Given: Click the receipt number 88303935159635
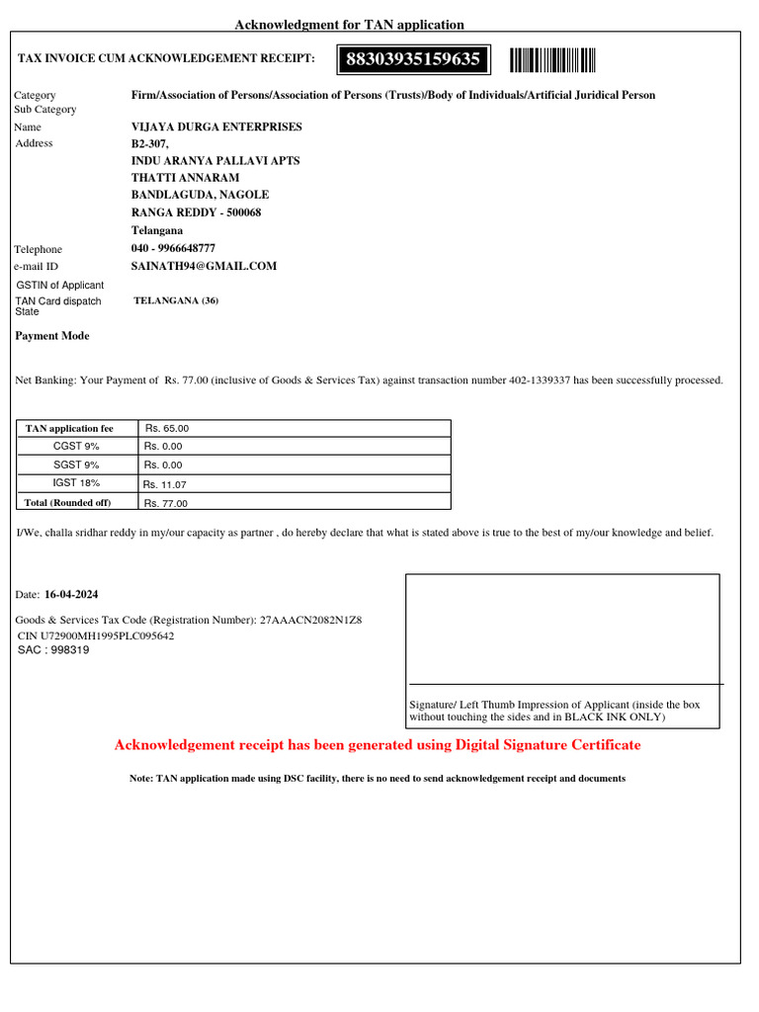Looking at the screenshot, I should coord(413,60).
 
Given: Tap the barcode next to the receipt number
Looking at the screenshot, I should coord(552,60).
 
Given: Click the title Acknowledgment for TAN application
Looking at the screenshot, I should coord(349,25).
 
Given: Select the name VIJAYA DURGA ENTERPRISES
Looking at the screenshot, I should coord(216,127).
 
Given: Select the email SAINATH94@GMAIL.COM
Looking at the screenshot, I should coord(204,267).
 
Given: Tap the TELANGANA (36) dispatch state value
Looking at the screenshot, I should coord(176,301).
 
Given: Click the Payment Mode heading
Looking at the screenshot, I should coord(52,336).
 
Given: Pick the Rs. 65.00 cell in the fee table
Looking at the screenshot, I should coord(167,429).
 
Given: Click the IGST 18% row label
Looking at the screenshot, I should coord(76,483).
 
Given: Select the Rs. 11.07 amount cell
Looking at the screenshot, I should coord(165,485).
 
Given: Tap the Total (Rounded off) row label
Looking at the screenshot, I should coord(68,502).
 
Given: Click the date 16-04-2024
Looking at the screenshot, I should coord(71,596).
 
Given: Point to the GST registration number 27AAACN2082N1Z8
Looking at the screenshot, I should coord(310,620).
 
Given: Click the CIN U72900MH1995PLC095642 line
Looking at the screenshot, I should coord(96,635).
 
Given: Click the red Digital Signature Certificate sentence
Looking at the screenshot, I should coord(378,745).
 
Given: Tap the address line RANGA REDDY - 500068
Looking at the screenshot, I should coord(196,213).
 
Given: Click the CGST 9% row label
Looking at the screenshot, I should coord(76,447).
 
